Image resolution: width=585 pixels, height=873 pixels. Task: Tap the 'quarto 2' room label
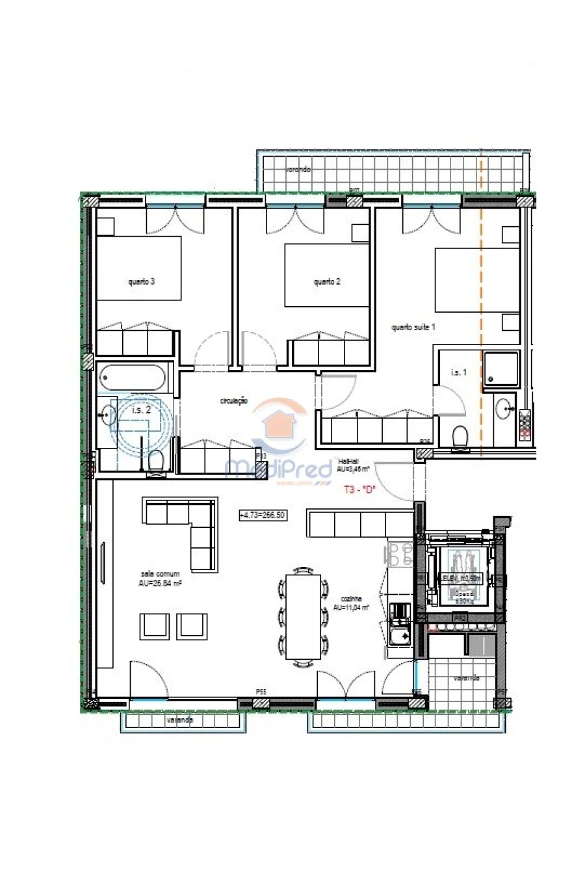coord(326,282)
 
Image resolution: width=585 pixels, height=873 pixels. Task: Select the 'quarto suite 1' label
coord(413,327)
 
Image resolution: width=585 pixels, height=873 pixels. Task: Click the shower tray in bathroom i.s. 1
coord(500,367)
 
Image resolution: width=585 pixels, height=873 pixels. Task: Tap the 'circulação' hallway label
coord(233,402)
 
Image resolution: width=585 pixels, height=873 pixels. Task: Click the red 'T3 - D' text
coord(360,490)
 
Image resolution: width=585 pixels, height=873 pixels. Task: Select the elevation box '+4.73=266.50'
coord(263,515)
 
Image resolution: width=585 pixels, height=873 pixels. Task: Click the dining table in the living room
coord(302,616)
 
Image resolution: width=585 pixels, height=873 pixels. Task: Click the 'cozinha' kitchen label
coord(350,603)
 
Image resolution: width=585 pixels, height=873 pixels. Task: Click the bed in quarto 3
coord(138,268)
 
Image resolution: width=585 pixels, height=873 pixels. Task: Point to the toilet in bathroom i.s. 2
coord(155,461)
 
